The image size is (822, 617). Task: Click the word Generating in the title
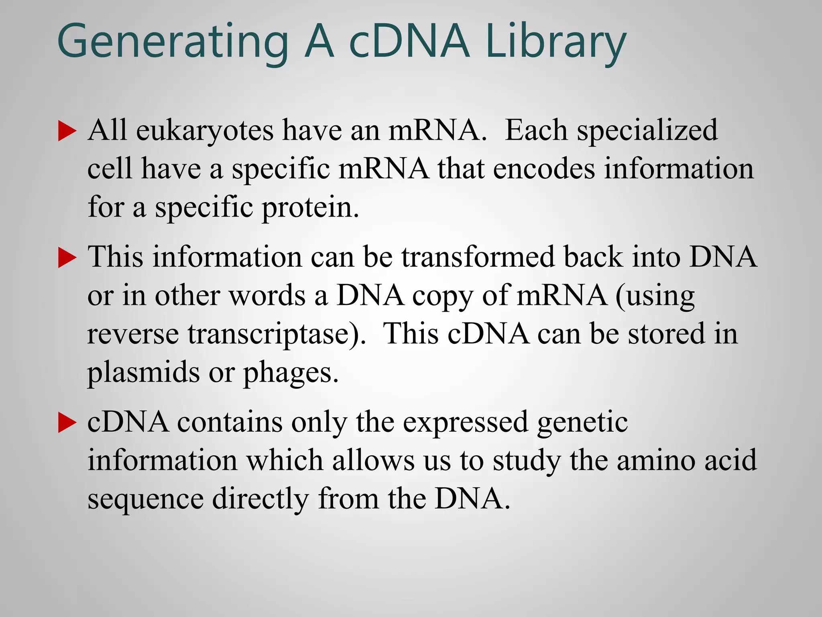[x=173, y=42]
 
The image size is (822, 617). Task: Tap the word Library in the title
[x=556, y=42]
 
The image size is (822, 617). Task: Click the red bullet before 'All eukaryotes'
[x=67, y=131]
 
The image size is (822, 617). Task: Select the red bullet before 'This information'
[x=67, y=257]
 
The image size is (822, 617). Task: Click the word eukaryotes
[x=205, y=131]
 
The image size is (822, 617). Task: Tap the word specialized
[x=647, y=131]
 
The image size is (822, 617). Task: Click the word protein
[x=310, y=208]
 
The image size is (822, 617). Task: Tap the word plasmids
[x=143, y=373]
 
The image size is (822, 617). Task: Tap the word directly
[x=260, y=499]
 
